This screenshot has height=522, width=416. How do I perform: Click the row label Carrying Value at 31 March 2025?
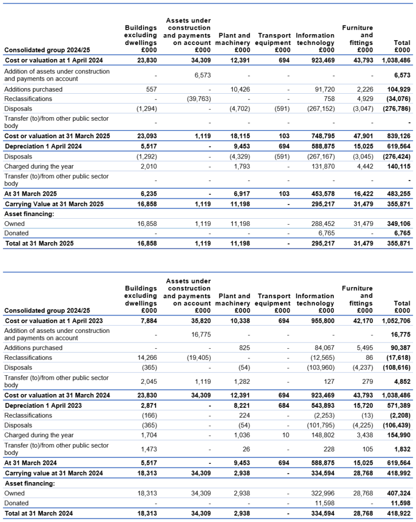pyautogui.click(x=54, y=204)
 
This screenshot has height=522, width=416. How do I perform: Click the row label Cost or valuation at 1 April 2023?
pyautogui.click(x=54, y=321)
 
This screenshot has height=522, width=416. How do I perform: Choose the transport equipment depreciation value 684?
pyautogui.click(x=283, y=405)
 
